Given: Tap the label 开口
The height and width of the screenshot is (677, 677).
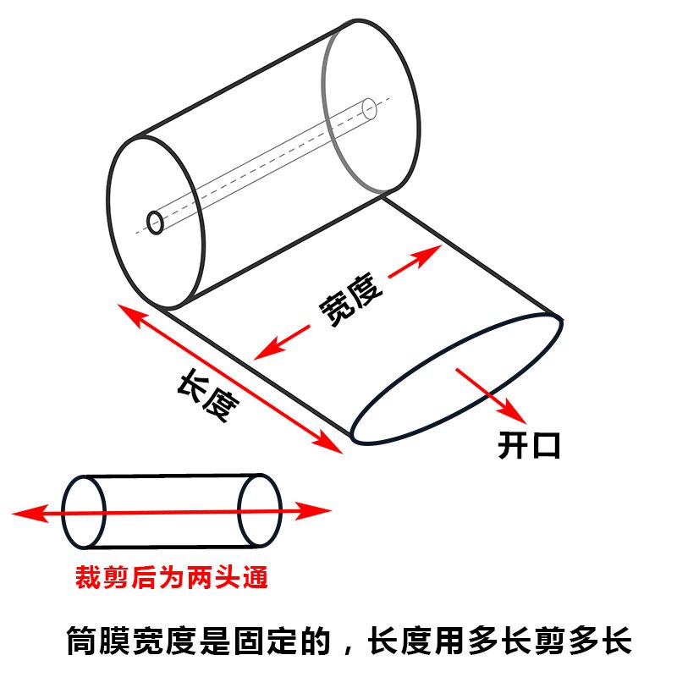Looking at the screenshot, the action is pos(529,445).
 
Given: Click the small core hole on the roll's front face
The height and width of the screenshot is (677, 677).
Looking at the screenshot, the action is pos(156,222).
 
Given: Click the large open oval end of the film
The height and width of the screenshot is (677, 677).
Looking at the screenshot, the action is pos(455,377).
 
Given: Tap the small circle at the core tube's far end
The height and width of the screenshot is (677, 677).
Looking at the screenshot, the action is pos(369,108).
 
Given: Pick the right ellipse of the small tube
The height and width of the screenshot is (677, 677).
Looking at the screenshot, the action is pos(260,511).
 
